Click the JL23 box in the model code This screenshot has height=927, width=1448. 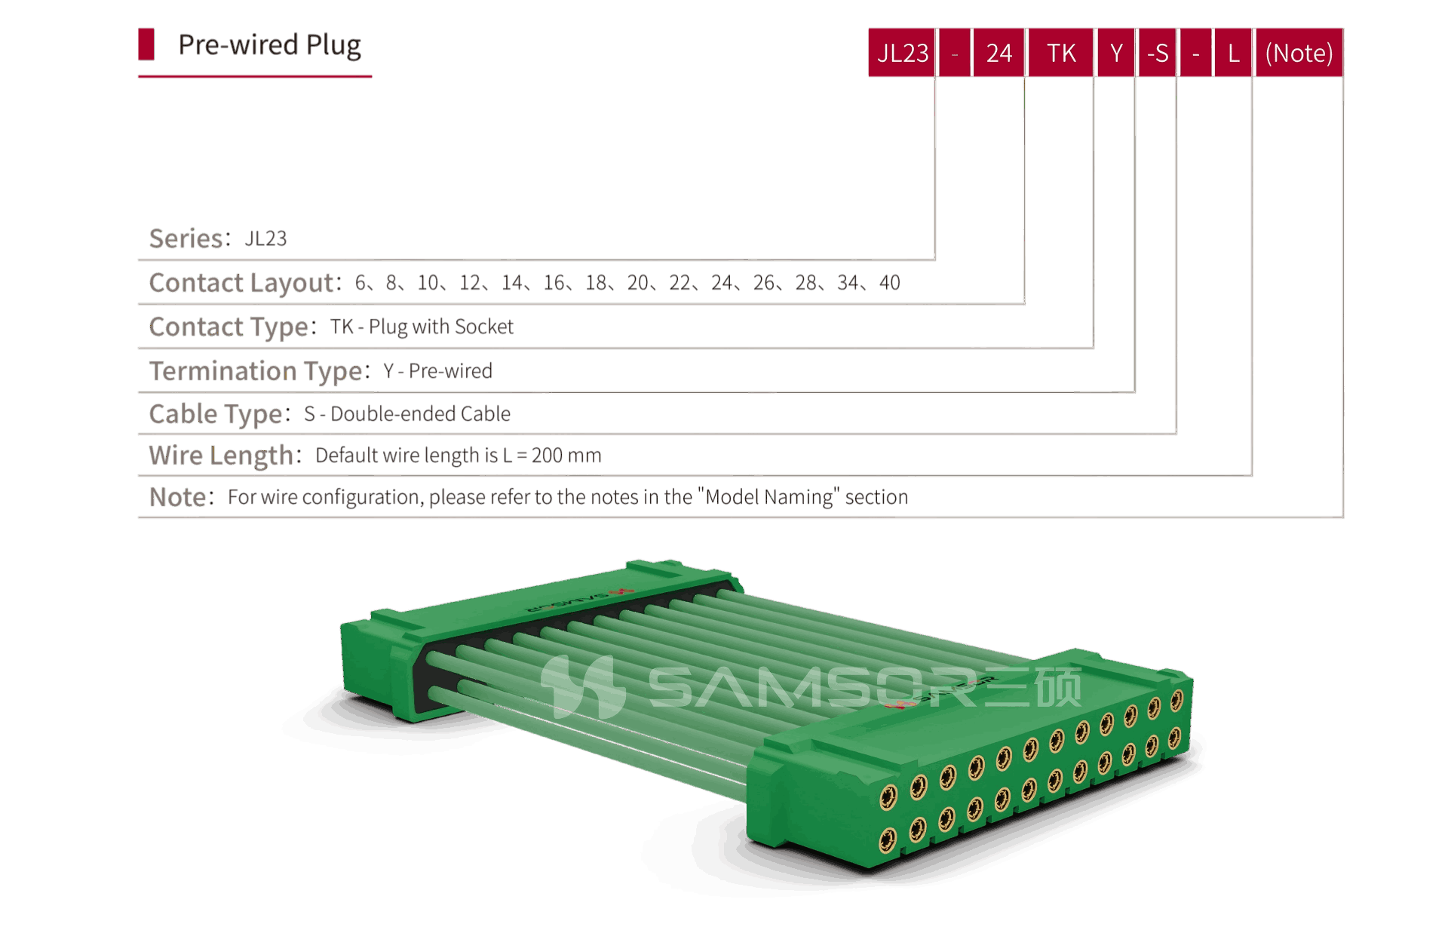902,53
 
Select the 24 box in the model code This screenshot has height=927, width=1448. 999,53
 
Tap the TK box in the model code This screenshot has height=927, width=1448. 1060,53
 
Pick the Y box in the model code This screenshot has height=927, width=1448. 1116,53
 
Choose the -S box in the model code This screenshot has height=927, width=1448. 1157,53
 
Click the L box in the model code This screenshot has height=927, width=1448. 1233,53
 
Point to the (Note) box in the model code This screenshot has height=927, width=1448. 1299,53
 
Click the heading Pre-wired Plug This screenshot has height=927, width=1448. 269,45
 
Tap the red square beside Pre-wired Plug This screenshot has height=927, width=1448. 146,44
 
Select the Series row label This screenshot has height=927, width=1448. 186,238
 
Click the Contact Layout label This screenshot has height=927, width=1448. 241,283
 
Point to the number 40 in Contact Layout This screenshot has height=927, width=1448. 889,283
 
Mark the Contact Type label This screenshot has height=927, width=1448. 229,327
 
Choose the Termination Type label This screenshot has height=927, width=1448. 256,371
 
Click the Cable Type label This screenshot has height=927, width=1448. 216,414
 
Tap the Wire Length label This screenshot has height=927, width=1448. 221,456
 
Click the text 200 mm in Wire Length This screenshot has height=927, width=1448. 566,456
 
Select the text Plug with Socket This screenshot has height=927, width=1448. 441,327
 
